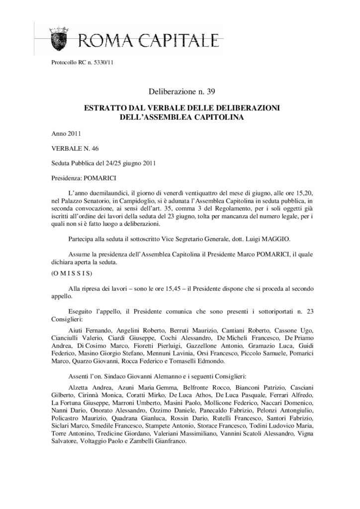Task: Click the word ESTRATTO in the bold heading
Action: (107, 108)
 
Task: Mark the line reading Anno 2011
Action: (66, 134)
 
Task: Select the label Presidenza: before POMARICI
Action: (68, 177)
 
